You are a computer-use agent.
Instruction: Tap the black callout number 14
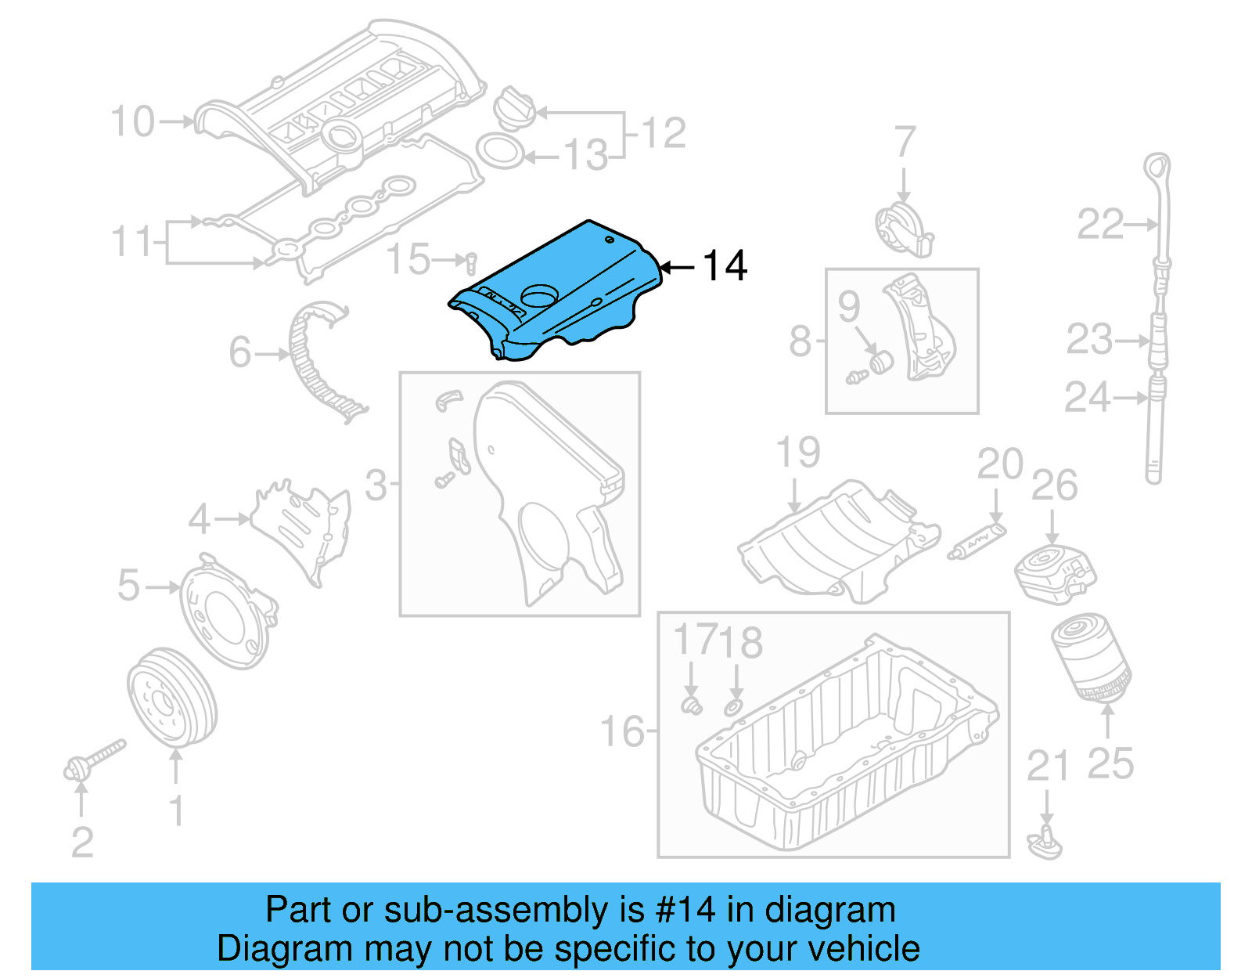(725, 266)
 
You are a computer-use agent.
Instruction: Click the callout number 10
(132, 121)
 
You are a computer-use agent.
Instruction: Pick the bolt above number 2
(94, 760)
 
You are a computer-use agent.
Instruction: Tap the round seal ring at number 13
(499, 151)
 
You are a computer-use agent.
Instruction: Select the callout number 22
(1099, 225)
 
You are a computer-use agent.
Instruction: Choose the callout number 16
(622, 731)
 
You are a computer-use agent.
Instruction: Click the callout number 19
(797, 453)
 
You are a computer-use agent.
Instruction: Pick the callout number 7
(904, 142)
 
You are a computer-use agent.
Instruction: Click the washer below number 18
(733, 708)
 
